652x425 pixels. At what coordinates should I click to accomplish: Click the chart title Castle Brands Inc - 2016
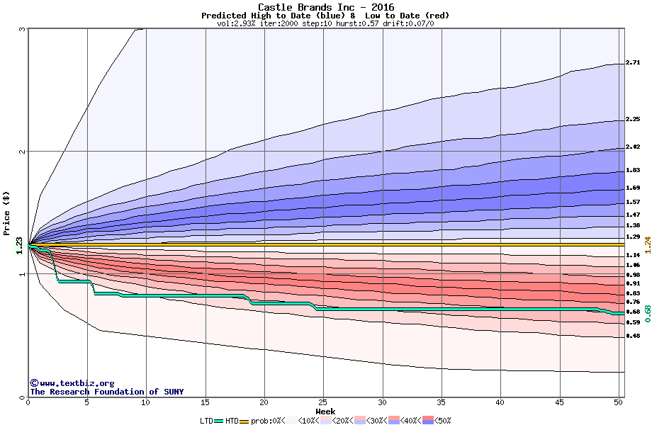pos(326,7)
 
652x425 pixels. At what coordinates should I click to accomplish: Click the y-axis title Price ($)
pos(6,212)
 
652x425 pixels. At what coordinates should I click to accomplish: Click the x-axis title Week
pos(325,412)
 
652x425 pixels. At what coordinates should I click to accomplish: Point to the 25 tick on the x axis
pos(323,402)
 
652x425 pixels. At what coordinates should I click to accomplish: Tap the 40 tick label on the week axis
pos(500,402)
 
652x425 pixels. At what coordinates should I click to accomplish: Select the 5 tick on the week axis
pos(87,402)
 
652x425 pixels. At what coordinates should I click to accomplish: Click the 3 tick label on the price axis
pos(22,29)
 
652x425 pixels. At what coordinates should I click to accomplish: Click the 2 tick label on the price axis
pos(22,152)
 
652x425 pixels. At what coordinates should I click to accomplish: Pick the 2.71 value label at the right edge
pos(634,63)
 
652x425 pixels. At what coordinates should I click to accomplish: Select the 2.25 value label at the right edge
pos(634,120)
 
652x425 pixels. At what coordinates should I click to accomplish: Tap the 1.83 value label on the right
pos(634,171)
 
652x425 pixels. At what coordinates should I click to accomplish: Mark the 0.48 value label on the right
pos(634,336)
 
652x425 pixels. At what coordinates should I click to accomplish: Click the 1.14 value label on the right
pos(634,255)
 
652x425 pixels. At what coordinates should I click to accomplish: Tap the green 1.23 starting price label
pos(20,245)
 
